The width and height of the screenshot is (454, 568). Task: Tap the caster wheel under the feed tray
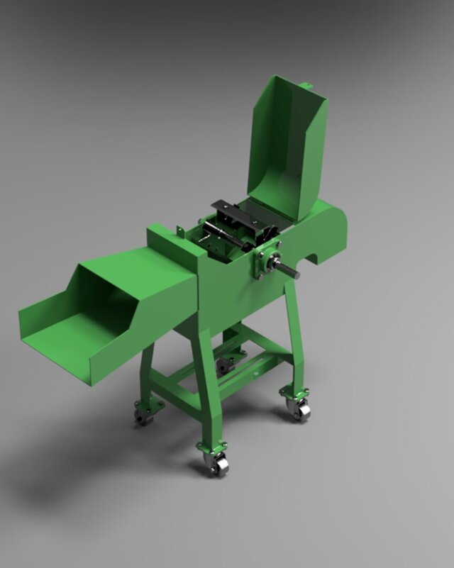pyautogui.click(x=145, y=416)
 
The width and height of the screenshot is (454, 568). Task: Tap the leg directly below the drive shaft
pyautogui.click(x=294, y=340)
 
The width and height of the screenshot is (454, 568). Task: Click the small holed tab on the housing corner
pyautogui.click(x=181, y=231)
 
